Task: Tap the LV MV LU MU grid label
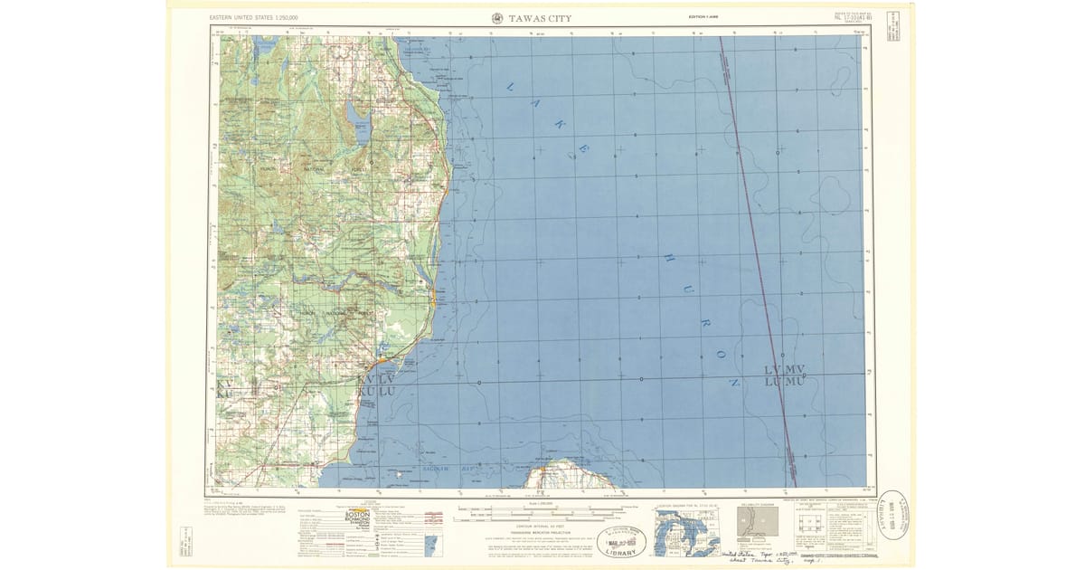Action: click(x=784, y=375)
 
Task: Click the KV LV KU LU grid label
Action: click(x=377, y=385)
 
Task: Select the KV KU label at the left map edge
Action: click(x=225, y=389)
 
